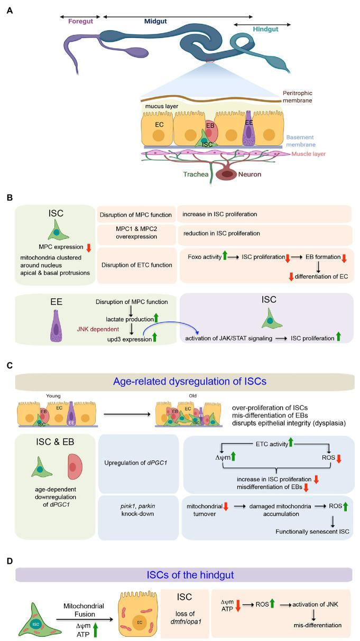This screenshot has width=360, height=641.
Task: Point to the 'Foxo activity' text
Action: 207,257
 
